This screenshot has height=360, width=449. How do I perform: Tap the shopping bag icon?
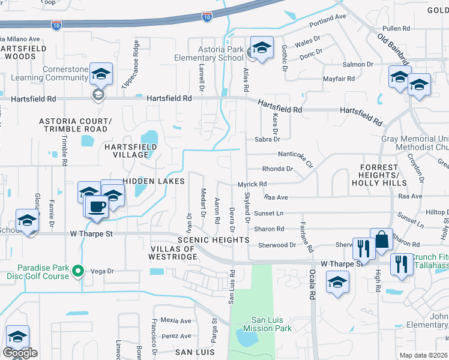[381, 241]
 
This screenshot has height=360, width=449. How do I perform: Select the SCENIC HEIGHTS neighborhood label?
[213, 240]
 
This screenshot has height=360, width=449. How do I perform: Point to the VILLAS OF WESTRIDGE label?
[173, 253]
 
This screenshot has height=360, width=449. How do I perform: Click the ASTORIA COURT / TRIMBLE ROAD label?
[74, 125]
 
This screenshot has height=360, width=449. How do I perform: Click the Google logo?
[20, 353]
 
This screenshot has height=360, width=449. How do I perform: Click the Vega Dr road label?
[101, 271]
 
